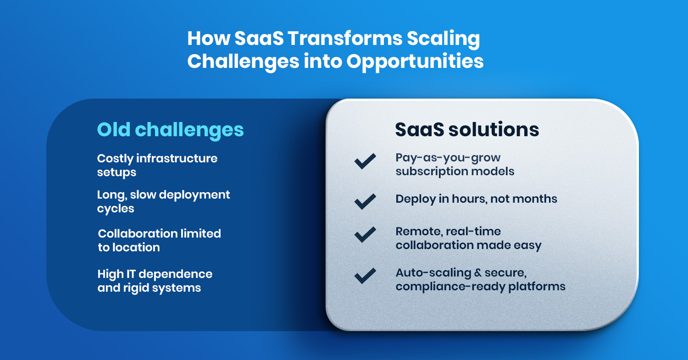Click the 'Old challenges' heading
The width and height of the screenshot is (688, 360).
(x=170, y=130)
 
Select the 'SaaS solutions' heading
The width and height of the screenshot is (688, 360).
(x=467, y=130)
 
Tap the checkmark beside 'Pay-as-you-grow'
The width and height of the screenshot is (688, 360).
(x=365, y=162)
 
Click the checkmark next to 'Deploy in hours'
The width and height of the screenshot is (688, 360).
(x=365, y=200)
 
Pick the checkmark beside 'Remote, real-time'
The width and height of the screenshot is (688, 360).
(x=365, y=235)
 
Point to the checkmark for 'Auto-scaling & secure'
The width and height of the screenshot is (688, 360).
(x=365, y=276)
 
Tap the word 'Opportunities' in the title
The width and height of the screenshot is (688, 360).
(x=415, y=61)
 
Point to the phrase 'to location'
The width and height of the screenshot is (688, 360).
(x=129, y=248)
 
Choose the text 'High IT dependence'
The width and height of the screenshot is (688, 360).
(x=155, y=274)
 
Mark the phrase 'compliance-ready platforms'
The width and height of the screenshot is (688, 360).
(x=480, y=287)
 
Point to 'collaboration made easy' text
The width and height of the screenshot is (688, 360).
(x=468, y=245)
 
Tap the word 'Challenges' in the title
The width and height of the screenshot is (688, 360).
(x=243, y=61)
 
